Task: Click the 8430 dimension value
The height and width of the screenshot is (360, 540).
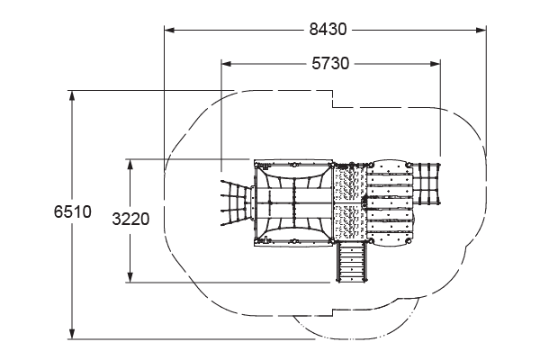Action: point(328,30)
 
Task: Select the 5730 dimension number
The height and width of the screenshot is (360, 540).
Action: point(330,64)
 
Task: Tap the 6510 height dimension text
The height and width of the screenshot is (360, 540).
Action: point(73,211)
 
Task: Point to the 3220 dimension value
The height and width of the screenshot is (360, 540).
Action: point(130,219)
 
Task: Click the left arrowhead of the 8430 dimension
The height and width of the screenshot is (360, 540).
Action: point(169,30)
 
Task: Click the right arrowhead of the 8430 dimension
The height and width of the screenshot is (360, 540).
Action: point(481,30)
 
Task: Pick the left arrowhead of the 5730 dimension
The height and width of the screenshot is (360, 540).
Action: point(226,64)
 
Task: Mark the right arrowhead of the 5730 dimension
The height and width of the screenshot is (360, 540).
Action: point(435,64)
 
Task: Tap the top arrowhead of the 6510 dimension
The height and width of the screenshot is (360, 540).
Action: point(72,95)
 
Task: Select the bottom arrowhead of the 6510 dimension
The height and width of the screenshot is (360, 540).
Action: point(72,334)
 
